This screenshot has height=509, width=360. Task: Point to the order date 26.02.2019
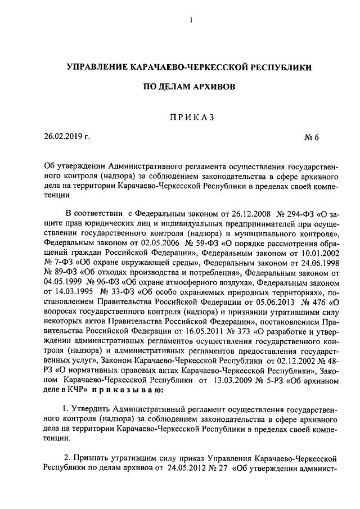64,136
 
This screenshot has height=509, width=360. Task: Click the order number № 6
312,137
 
